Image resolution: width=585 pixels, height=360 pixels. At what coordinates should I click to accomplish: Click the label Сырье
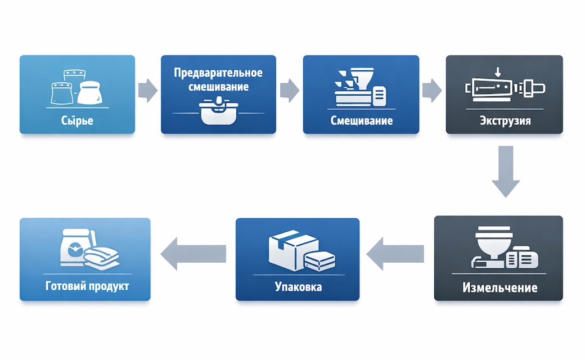point(77,121)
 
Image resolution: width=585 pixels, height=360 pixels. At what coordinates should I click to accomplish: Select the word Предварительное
point(218,74)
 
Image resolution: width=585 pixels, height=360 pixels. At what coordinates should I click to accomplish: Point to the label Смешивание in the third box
point(361,121)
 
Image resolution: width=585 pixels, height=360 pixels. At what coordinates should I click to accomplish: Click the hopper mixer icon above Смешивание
point(360,87)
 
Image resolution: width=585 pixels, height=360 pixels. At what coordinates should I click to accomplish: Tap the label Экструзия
point(505,121)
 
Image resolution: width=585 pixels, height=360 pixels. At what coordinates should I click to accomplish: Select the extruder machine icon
point(505,88)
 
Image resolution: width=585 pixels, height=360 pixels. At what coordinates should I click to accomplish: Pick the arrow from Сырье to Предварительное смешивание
point(147,90)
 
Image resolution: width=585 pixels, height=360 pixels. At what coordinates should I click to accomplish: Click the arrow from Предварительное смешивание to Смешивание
point(289,90)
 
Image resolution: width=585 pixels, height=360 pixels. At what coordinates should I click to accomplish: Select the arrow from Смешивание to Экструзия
point(432,90)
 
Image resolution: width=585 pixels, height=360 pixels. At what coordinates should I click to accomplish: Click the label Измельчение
point(499,288)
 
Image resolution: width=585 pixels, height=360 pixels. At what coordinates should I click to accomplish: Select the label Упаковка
point(298,287)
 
